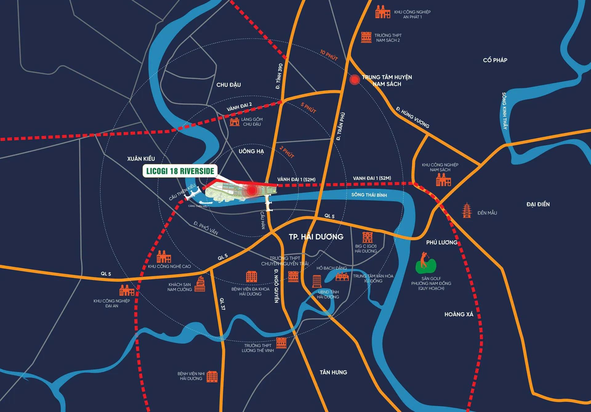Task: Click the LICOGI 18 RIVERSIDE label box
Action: (x=180, y=171)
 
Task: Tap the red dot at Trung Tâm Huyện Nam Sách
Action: (x=355, y=79)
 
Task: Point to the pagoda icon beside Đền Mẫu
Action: (x=467, y=210)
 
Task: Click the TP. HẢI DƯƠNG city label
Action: (x=316, y=237)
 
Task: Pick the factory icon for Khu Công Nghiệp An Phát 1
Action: (x=383, y=12)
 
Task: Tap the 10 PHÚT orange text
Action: (x=329, y=55)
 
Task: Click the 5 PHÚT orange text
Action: (x=308, y=108)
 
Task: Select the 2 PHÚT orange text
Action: (x=287, y=152)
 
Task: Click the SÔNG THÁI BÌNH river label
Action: (x=369, y=195)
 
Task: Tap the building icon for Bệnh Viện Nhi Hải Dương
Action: (x=212, y=376)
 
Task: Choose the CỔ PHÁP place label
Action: (x=495, y=60)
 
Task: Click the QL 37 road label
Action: (x=222, y=304)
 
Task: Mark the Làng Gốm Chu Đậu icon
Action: (x=235, y=122)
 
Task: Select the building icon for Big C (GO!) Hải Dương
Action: (x=367, y=237)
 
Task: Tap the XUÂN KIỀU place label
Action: (x=141, y=159)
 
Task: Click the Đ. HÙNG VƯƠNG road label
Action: (x=412, y=117)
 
